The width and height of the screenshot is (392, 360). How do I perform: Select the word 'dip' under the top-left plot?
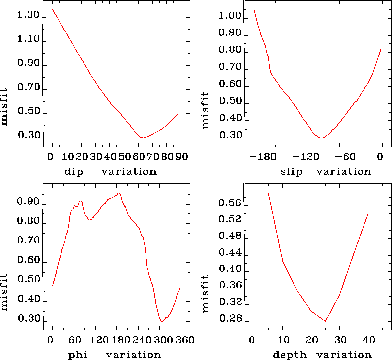(x=73, y=172)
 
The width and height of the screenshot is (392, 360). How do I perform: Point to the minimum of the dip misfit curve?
(x=143, y=138)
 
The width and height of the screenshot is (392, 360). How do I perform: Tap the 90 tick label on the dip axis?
(x=182, y=156)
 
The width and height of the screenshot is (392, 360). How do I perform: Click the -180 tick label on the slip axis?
(x=263, y=156)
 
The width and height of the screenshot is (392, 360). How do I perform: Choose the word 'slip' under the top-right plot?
(x=291, y=172)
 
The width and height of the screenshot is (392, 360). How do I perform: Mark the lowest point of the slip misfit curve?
(x=321, y=138)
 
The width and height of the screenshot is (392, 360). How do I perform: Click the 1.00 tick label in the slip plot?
(x=230, y=16)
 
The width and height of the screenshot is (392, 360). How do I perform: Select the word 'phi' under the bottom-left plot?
(x=78, y=355)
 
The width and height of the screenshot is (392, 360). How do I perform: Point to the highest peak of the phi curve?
(x=118, y=193)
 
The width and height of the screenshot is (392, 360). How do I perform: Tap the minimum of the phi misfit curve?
(x=162, y=321)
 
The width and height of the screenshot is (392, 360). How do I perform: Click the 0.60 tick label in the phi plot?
(x=28, y=261)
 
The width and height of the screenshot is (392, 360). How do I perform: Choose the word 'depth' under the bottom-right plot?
(x=290, y=355)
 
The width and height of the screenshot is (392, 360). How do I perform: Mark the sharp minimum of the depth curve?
(x=325, y=321)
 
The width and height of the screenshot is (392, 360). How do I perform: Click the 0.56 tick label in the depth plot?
(x=230, y=203)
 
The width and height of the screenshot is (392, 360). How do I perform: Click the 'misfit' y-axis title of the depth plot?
(x=206, y=294)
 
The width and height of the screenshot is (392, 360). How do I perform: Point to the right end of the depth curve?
(x=368, y=214)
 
